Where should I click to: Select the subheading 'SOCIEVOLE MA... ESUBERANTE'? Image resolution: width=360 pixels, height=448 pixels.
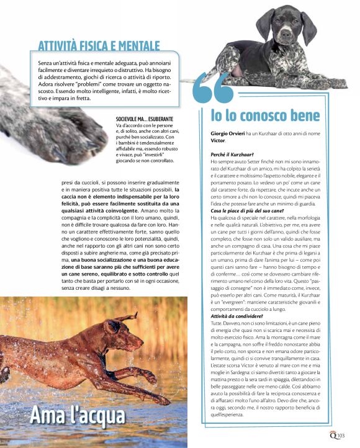pos(144,118)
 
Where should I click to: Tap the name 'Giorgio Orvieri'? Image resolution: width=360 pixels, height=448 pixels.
pos(228,134)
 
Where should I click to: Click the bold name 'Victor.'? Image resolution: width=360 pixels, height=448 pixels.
pos(218,141)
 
